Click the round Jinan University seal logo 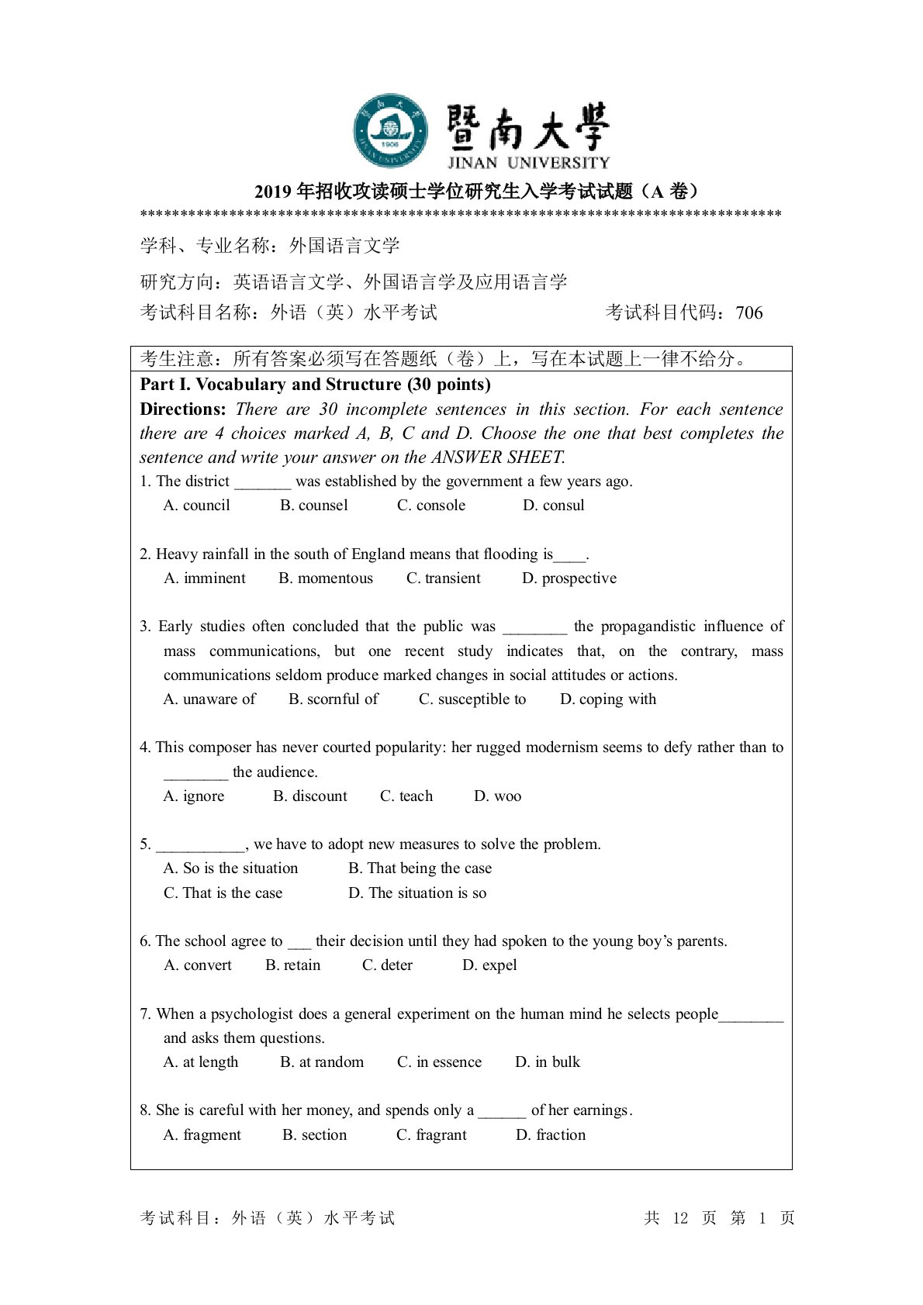[x=391, y=131]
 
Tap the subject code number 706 [x=749, y=312]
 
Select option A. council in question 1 [x=197, y=506]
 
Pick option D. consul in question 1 [x=553, y=506]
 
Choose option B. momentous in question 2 [x=326, y=578]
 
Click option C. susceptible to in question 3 [x=472, y=699]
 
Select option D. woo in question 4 [x=497, y=796]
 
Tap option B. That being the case [x=420, y=868]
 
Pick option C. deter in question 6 [x=387, y=965]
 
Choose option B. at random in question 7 [x=322, y=1062]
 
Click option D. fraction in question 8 [x=551, y=1135]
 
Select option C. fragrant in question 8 [x=431, y=1135]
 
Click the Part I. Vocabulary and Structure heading [x=315, y=385]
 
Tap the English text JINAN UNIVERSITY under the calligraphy [x=528, y=163]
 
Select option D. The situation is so [x=417, y=893]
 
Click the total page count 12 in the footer [x=680, y=1218]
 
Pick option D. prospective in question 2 [x=569, y=578]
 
